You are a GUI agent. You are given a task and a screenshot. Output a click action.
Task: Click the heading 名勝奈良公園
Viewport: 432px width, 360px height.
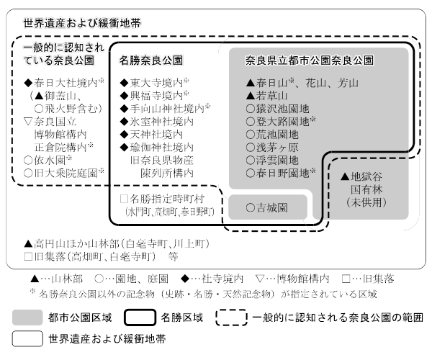pyautogui.click(x=151, y=60)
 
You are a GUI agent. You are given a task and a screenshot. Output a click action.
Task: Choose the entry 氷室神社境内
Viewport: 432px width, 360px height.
pyautogui.click(x=157, y=121)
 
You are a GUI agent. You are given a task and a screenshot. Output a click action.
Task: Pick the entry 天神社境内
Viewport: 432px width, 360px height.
pyautogui.click(x=152, y=134)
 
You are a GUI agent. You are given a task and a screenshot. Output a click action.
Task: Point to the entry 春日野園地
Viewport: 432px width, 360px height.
pyautogui.click(x=280, y=173)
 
